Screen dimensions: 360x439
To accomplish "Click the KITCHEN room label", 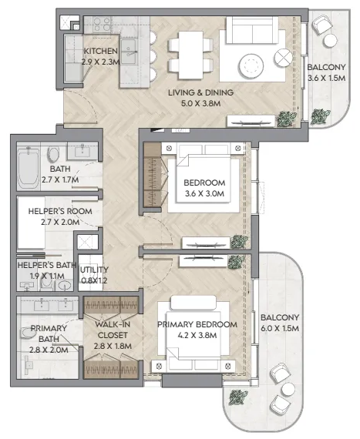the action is coord(100,51).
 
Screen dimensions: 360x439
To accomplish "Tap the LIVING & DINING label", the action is coord(200,92).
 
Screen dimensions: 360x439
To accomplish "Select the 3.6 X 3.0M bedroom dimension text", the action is coord(204,193).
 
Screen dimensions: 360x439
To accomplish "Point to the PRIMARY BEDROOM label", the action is coord(197,324).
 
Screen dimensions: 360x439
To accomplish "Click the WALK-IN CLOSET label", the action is coord(113,330).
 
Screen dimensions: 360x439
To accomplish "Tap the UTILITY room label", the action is coord(94,270).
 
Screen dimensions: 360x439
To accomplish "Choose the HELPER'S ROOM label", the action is coord(60,211).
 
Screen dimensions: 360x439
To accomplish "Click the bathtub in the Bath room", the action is coord(29,168).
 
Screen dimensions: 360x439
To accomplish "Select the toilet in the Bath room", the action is coord(53,155).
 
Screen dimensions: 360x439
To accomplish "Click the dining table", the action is coord(190,55).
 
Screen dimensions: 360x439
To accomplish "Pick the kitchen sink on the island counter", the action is coord(129,52).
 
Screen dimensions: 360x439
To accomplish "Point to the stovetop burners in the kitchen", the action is coord(102,25).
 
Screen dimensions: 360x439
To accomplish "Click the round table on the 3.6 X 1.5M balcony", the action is coord(330,41).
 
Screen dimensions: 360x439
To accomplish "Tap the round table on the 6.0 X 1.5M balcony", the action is coord(288,390).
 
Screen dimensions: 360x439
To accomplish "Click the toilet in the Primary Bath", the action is coord(28,333).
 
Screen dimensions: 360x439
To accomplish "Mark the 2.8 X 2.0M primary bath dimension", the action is coord(49,350).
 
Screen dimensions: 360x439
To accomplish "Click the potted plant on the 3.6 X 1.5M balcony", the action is coord(320,116).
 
